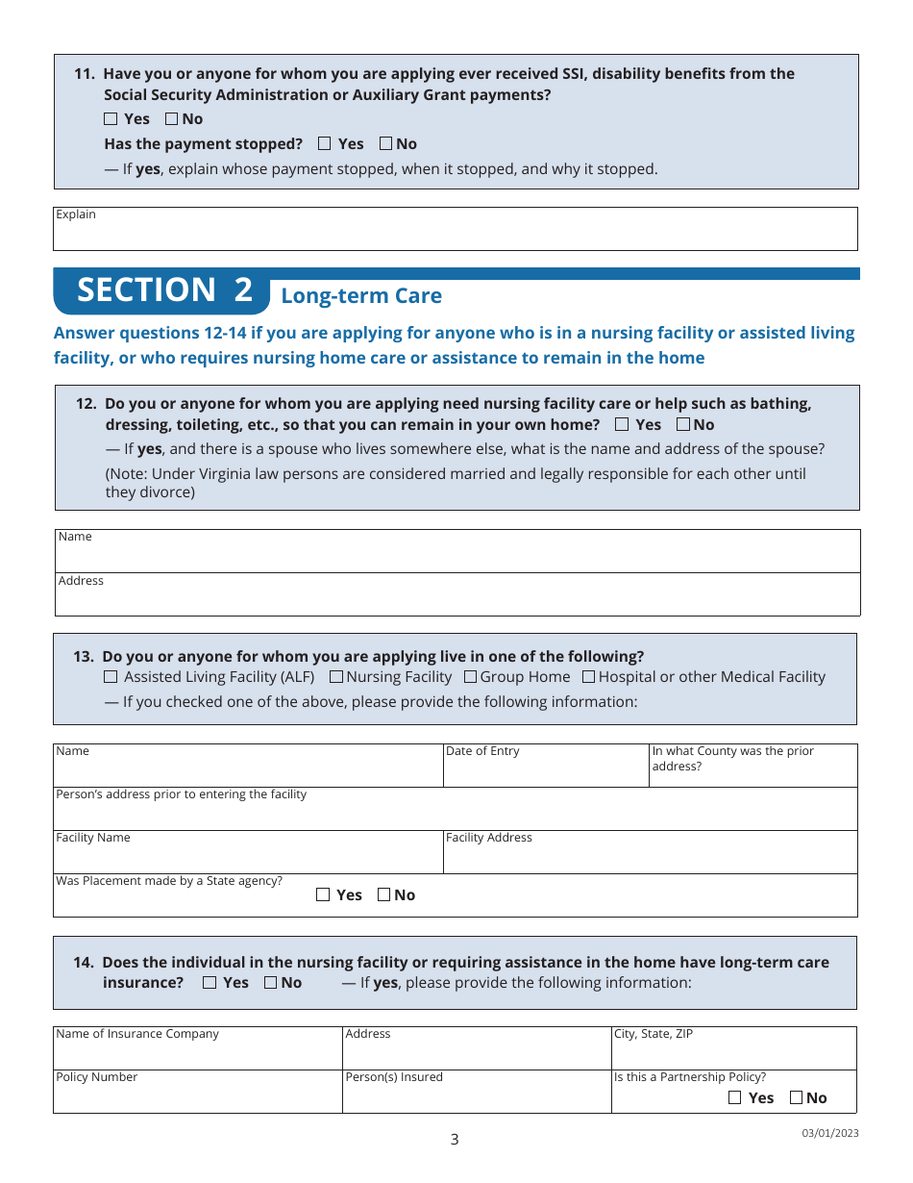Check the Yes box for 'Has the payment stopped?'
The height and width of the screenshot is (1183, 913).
pos(325,143)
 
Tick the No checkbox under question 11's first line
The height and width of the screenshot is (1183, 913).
pos(172,119)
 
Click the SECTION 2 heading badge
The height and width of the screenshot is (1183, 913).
pos(163,290)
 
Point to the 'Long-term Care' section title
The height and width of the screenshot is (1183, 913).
pos(361,296)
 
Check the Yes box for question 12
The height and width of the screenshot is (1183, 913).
pos(623,424)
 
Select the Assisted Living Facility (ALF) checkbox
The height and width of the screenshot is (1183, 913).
pos(111,677)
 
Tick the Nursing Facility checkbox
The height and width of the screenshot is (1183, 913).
pos(335,677)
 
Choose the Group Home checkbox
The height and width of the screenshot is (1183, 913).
pos(470,677)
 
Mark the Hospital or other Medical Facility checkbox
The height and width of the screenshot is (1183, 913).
pos(589,677)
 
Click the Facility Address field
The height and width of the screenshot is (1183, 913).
pos(650,856)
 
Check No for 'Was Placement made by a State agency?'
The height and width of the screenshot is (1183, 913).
pos(384,894)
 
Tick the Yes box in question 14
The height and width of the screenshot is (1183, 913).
pos(210,982)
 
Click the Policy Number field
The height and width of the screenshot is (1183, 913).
pos(197,1096)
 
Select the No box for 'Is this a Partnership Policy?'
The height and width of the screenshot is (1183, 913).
pos(797,1097)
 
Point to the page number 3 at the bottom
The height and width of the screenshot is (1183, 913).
pos(455,1140)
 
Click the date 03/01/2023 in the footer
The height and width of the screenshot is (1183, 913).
pos(830,1133)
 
